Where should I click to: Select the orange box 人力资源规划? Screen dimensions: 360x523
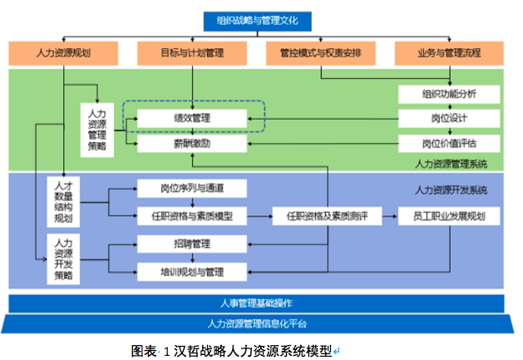(64, 53)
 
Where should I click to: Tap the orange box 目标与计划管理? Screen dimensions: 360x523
(192, 53)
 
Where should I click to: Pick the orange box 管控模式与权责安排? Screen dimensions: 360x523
(320, 53)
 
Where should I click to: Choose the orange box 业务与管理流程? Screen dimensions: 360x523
(448, 53)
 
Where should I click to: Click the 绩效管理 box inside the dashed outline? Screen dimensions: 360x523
(193, 119)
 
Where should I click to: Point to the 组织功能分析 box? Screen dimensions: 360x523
(449, 93)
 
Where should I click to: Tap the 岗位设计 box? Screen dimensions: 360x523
(449, 118)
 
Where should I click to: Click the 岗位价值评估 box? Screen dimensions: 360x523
(449, 143)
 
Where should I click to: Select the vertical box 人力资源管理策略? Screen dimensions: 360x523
(96, 128)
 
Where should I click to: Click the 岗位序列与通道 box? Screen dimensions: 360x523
(193, 189)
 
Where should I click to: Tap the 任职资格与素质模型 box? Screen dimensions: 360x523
(193, 216)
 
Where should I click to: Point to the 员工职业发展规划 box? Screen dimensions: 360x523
(449, 216)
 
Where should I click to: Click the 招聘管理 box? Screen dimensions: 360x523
(193, 244)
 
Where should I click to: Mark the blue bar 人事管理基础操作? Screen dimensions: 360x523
(262, 302)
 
